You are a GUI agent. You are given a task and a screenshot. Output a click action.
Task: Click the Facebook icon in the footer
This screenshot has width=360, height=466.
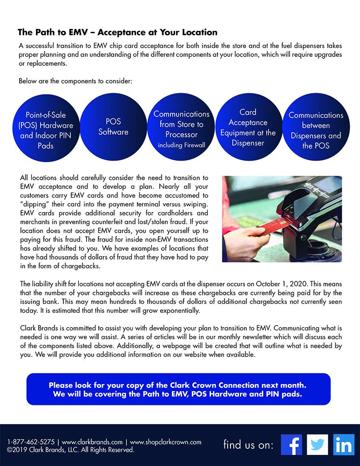[x=292, y=445]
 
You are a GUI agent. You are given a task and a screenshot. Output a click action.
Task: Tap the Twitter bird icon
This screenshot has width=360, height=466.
[x=318, y=445]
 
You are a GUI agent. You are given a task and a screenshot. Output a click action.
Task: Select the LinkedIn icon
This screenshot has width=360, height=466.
[x=344, y=445]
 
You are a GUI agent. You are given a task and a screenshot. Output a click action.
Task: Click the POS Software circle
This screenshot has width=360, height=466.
[x=113, y=127]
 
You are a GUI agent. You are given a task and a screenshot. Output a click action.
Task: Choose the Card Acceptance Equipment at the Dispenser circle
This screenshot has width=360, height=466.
[x=248, y=127]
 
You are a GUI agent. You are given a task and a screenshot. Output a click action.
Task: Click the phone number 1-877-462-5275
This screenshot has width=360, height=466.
[x=31, y=442]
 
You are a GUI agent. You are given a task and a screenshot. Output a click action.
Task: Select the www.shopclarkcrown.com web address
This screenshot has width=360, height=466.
[x=165, y=442]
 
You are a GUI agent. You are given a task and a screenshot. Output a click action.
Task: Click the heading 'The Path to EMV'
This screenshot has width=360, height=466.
[x=117, y=33]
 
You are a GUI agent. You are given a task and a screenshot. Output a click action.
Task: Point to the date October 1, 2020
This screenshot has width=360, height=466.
[x=261, y=284]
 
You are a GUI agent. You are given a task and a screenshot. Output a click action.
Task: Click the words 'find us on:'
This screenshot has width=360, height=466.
[x=248, y=445]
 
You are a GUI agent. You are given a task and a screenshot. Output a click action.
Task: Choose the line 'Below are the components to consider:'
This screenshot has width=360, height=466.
[x=75, y=81]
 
